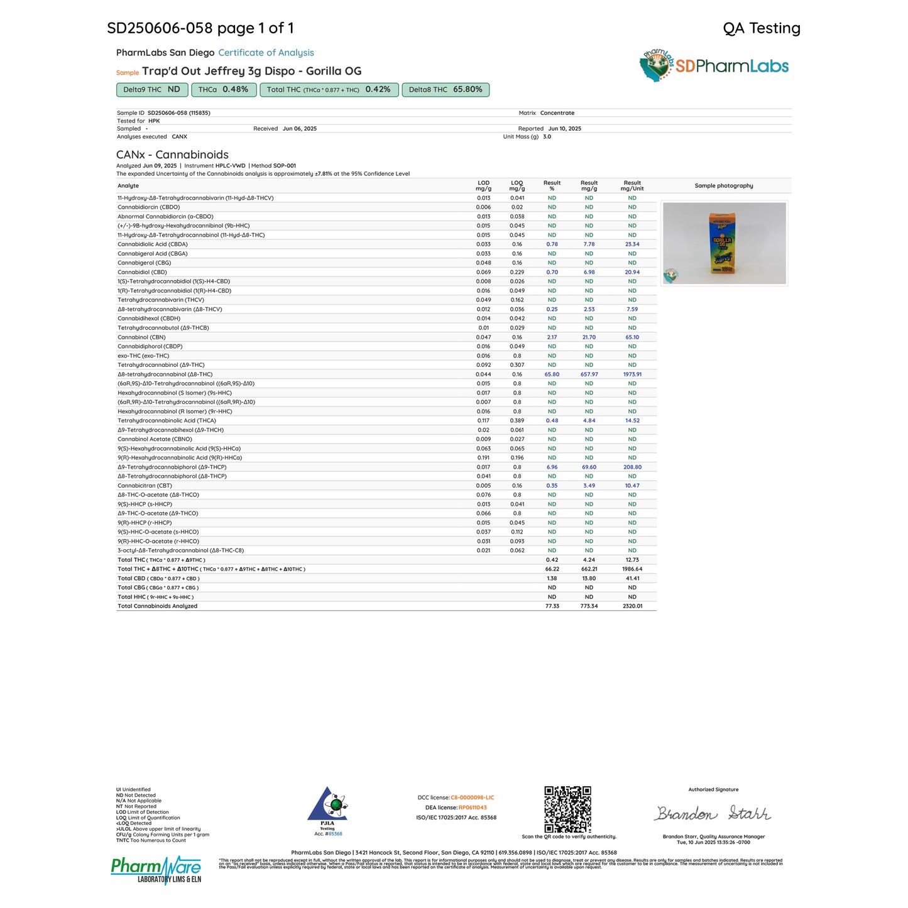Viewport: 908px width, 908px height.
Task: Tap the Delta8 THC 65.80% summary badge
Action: click(x=445, y=90)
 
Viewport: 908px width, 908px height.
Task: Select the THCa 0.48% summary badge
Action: click(x=223, y=90)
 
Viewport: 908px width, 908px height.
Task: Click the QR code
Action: click(x=567, y=809)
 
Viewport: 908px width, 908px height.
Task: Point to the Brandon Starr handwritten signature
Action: click(x=713, y=814)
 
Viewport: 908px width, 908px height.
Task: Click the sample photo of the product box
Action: click(x=724, y=243)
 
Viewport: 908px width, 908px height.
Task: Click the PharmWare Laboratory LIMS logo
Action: click(x=156, y=869)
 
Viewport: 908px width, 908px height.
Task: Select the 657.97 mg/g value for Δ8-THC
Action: click(x=589, y=375)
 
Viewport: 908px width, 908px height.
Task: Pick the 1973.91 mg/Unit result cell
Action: click(x=632, y=375)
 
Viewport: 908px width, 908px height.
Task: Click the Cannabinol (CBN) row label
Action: click(x=141, y=337)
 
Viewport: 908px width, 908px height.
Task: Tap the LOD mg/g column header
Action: click(x=483, y=186)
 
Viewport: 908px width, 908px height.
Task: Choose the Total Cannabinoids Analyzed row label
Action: click(x=157, y=606)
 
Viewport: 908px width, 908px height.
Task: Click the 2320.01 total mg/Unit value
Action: click(x=632, y=606)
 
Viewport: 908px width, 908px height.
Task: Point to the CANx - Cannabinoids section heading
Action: click(x=172, y=155)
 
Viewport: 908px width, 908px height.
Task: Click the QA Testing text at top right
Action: click(x=761, y=28)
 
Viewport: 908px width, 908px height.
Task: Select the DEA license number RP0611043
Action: click(x=472, y=808)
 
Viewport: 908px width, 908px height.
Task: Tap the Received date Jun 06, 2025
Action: click(x=299, y=129)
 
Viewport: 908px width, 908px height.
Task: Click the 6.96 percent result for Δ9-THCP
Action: click(x=552, y=468)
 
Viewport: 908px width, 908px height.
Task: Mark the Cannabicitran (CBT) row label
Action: click(x=145, y=486)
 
